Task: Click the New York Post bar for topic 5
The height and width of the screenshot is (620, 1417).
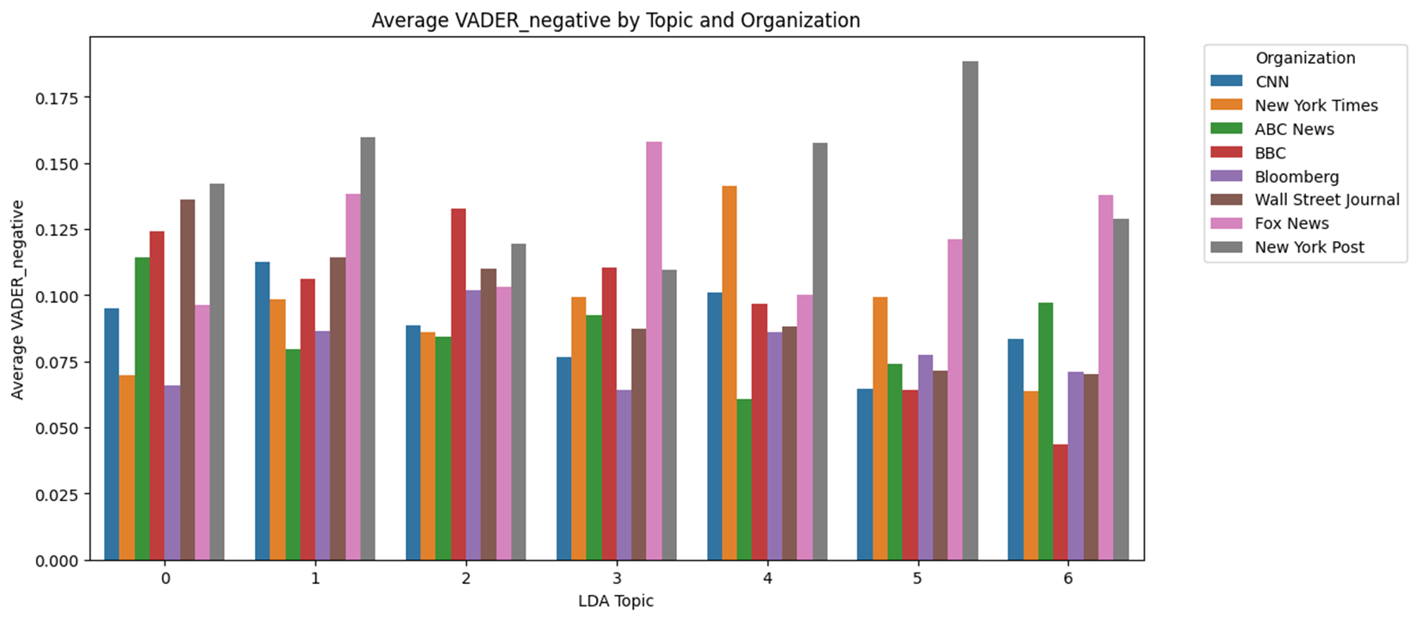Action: tap(971, 311)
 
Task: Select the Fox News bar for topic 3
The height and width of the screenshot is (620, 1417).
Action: tap(654, 351)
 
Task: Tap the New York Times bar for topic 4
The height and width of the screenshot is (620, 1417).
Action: tap(730, 373)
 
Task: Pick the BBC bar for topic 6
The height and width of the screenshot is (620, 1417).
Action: tap(1061, 502)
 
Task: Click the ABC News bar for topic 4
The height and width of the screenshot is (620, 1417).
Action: tap(744, 480)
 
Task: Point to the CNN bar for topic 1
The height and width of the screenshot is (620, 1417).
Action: tap(263, 412)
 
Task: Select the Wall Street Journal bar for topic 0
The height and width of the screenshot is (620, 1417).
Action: tap(188, 381)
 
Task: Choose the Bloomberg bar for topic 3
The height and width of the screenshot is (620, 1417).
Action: tap(624, 475)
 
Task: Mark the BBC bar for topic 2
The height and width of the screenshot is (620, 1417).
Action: tap(458, 385)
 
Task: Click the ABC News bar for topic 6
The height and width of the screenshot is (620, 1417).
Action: tap(1046, 431)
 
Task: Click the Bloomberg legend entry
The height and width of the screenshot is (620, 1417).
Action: tap(1275, 177)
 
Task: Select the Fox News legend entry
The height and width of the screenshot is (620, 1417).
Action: tap(1270, 223)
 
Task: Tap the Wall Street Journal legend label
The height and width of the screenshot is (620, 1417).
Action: tap(1327, 200)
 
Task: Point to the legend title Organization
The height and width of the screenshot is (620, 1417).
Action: tap(1306, 59)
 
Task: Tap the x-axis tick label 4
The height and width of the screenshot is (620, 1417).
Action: tap(768, 579)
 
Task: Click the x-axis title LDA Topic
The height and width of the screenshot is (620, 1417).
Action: tap(616, 601)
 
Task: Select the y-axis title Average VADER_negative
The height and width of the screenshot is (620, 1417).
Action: tap(17, 300)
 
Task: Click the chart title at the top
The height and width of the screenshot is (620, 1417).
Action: tap(616, 21)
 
